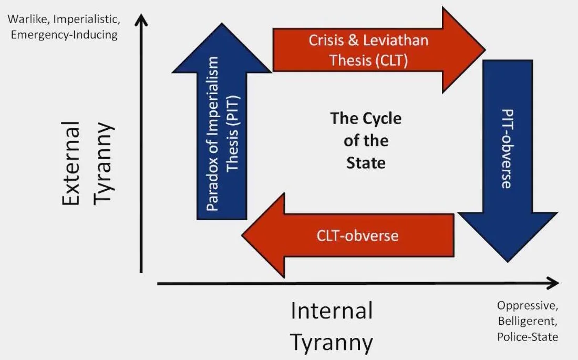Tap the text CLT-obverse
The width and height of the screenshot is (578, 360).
(x=357, y=235)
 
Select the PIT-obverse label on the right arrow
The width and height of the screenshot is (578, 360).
(x=508, y=149)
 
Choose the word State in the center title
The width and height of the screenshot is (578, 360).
(x=366, y=163)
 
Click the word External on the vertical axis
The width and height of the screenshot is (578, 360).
(x=71, y=163)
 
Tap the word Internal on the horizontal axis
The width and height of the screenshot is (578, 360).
(x=332, y=311)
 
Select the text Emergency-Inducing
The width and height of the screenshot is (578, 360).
(x=64, y=35)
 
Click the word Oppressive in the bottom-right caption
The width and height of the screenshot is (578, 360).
(x=528, y=306)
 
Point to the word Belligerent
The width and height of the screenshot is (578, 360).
(x=528, y=321)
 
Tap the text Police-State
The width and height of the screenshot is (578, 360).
(x=528, y=337)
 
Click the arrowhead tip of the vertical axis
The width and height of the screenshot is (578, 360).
(x=141, y=14)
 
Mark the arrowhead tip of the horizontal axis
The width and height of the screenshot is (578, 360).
(x=559, y=283)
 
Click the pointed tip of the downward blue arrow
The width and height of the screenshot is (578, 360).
(x=508, y=262)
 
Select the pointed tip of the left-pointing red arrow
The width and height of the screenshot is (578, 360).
(x=242, y=235)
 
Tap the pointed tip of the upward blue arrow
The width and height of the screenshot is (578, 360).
(x=222, y=23)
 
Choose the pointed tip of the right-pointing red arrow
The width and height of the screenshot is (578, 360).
(x=486, y=49)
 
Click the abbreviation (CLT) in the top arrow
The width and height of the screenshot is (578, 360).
(x=391, y=60)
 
